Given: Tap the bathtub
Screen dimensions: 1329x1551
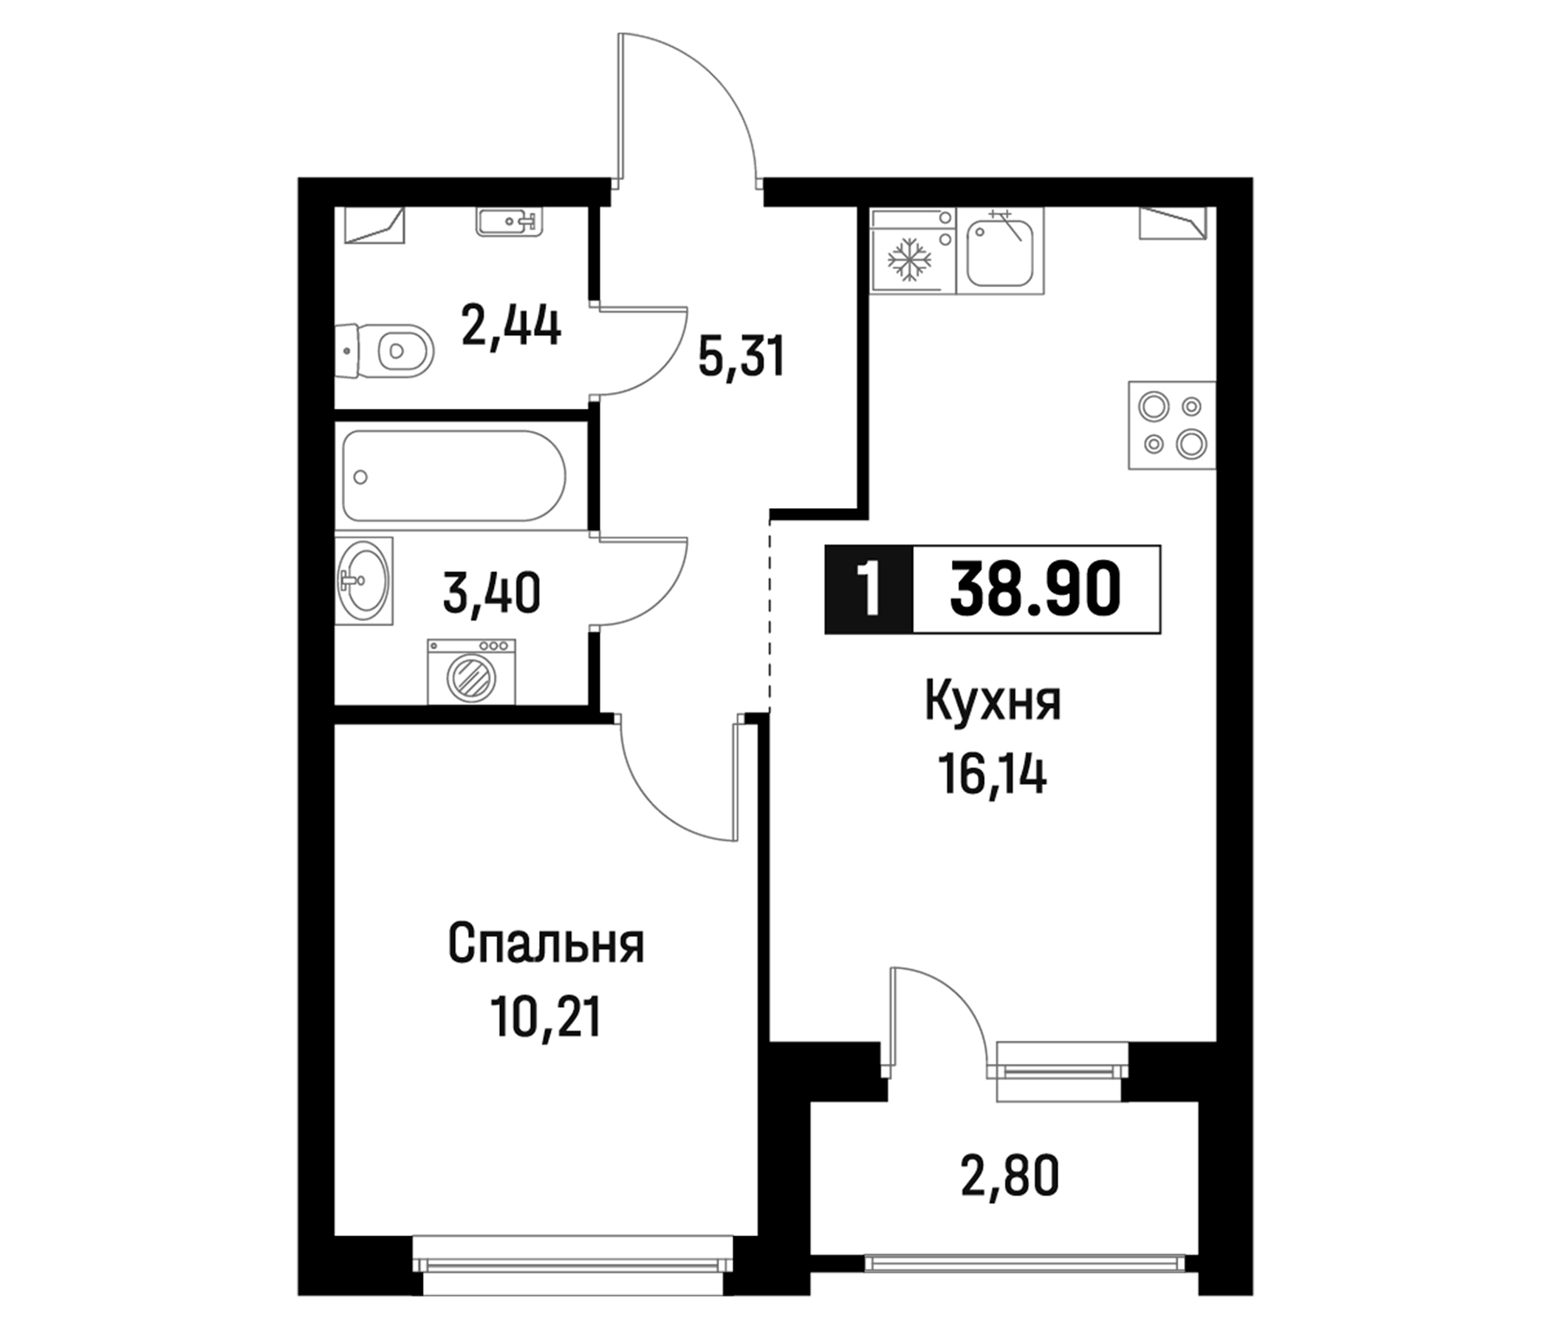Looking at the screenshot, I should (453, 475).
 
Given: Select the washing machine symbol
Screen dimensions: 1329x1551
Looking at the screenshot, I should (471, 671).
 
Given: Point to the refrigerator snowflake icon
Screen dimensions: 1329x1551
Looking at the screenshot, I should (908, 260).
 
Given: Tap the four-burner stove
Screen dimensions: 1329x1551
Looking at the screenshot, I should (1171, 425).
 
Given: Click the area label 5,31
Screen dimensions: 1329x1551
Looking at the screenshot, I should (741, 356).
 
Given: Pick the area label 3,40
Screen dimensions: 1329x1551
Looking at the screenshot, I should (491, 594).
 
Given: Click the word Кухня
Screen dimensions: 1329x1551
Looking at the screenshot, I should (993, 702).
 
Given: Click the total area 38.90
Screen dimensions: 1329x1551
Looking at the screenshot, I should (1035, 590).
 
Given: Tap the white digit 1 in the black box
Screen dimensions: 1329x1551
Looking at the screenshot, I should (869, 590).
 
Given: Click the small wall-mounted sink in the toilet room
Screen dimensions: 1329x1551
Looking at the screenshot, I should (509, 221).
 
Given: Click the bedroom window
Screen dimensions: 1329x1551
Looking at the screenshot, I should (572, 1264).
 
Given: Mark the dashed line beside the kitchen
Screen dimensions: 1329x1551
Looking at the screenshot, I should (770, 614).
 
